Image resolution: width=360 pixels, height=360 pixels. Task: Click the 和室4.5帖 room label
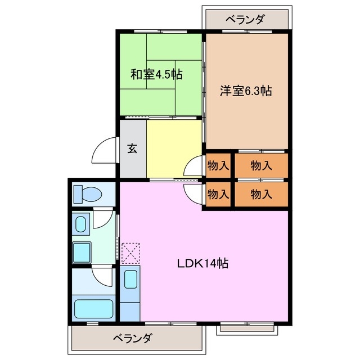pyautogui.click(x=157, y=74)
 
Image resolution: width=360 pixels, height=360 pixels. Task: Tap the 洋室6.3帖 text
pyautogui.click(x=246, y=90)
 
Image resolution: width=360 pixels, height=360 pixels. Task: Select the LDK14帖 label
pyautogui.click(x=202, y=263)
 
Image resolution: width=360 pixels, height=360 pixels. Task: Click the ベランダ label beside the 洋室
pyautogui.click(x=246, y=20)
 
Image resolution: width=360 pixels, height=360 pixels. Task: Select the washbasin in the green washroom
pyautogui.click(x=80, y=224)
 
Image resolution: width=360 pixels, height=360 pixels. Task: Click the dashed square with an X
pyautogui.click(x=130, y=253)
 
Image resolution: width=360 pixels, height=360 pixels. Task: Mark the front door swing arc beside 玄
pyautogui.click(x=105, y=150)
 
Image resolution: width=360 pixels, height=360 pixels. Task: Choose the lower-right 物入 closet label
pyautogui.click(x=261, y=195)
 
